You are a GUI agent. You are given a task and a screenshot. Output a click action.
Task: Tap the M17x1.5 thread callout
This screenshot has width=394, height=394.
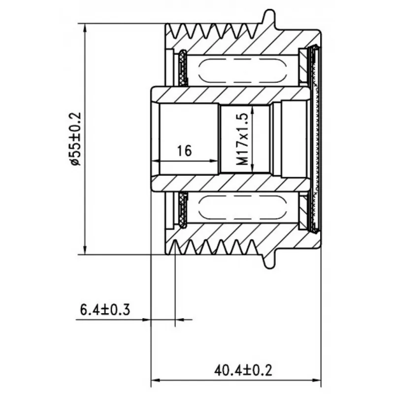[x=242, y=139]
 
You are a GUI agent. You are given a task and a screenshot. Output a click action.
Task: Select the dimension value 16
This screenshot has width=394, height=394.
[x=184, y=151]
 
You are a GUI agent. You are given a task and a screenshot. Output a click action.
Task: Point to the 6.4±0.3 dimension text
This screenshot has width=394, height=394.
[x=105, y=310]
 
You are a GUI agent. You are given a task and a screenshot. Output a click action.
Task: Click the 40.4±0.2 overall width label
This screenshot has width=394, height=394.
[x=243, y=370]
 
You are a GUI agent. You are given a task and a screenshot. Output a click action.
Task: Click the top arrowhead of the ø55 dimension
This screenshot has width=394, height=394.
[x=85, y=28]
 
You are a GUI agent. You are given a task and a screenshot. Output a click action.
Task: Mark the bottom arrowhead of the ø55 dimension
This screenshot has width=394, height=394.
[x=85, y=250]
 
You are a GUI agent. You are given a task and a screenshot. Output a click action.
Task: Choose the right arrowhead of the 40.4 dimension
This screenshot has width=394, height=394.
[x=317, y=380]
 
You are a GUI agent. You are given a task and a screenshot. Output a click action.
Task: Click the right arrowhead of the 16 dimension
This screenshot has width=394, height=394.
[x=214, y=161]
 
